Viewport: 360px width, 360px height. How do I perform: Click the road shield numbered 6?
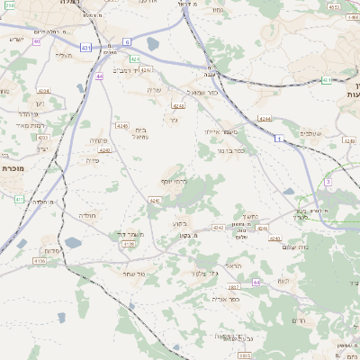(x=127, y=41)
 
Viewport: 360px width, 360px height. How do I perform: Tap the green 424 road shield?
(x=134, y=59)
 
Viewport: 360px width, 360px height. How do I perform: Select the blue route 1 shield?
(x=279, y=138)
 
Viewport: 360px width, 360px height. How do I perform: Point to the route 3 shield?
(x=328, y=182)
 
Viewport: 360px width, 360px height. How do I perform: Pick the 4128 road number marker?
(x=128, y=244)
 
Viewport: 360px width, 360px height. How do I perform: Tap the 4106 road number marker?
(x=39, y=261)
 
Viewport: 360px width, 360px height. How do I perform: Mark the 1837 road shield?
(x=233, y=286)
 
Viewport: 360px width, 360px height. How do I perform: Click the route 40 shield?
(x=37, y=41)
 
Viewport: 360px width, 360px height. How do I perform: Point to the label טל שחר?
(x=137, y=271)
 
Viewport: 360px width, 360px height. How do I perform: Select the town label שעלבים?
(x=332, y=134)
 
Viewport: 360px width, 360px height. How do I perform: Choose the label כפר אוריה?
(x=224, y=299)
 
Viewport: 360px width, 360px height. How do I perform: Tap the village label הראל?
(x=234, y=266)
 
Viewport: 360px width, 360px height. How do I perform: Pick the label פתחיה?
(x=99, y=141)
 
